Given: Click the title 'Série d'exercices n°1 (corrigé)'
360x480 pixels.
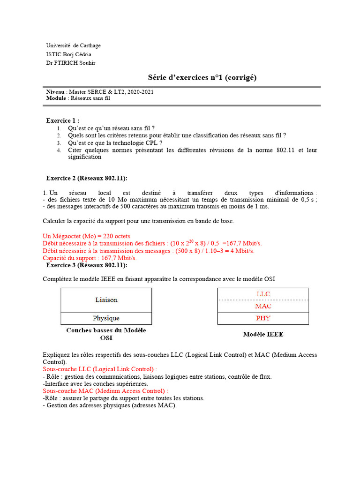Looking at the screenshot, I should point(202,77).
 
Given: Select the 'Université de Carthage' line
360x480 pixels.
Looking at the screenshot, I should point(73,45).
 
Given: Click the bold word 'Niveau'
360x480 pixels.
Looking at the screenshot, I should point(55,92).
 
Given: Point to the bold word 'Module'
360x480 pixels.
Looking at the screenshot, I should point(56,98).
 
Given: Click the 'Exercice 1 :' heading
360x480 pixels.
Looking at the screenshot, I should point(62,120).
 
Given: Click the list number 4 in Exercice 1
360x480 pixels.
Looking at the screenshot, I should point(59,150).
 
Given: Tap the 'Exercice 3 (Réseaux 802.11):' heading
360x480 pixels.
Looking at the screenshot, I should point(87,265).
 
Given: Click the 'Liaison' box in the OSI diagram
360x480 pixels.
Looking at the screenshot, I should point(106,300).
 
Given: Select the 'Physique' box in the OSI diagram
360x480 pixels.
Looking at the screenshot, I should point(106,318).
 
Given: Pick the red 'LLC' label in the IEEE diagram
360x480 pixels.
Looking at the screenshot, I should point(263,294).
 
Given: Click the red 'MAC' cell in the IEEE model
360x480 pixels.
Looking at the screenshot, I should point(263,306).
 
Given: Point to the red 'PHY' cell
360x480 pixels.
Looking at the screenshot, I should point(263,318).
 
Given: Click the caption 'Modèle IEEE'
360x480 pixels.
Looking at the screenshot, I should point(262,334).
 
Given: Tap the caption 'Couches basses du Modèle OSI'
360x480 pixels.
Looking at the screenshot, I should point(106,334).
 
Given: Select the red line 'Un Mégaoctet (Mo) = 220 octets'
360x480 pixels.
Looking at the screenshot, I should point(86,236).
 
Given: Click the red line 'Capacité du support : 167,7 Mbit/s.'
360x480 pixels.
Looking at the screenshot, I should point(90,258).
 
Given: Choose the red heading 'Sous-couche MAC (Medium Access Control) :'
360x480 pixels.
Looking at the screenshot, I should point(105,390).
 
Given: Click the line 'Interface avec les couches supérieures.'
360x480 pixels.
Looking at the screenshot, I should point(95,383).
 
